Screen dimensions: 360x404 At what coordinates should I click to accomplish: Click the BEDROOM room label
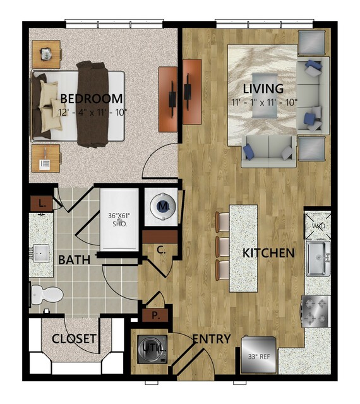[92, 99]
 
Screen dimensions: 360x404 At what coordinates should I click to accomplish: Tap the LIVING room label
[263, 89]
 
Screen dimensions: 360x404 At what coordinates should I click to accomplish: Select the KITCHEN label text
[268, 254]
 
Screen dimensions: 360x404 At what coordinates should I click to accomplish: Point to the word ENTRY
[212, 339]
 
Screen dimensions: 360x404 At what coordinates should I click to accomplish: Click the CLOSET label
[74, 339]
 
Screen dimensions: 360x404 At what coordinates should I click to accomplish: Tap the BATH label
[74, 260]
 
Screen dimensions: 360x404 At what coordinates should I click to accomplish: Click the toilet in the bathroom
[46, 295]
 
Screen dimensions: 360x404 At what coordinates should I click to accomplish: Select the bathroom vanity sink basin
[41, 254]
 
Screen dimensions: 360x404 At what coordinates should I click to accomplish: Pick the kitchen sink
[318, 258]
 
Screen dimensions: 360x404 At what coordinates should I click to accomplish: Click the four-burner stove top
[316, 312]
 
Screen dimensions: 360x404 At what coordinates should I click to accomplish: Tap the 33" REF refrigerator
[259, 355]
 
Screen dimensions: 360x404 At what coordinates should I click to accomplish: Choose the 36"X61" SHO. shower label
[119, 220]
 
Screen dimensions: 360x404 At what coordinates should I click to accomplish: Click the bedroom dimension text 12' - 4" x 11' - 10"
[93, 113]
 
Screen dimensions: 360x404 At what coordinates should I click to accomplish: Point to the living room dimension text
[265, 102]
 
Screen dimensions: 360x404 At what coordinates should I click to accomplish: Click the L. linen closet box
[42, 204]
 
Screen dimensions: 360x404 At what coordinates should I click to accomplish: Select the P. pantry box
[155, 315]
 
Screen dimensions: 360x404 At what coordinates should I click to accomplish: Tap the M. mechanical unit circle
[162, 206]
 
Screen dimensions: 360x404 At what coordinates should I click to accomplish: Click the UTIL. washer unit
[152, 350]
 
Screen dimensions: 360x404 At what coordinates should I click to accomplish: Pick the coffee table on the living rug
[265, 95]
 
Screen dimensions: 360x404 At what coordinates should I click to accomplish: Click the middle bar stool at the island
[223, 247]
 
